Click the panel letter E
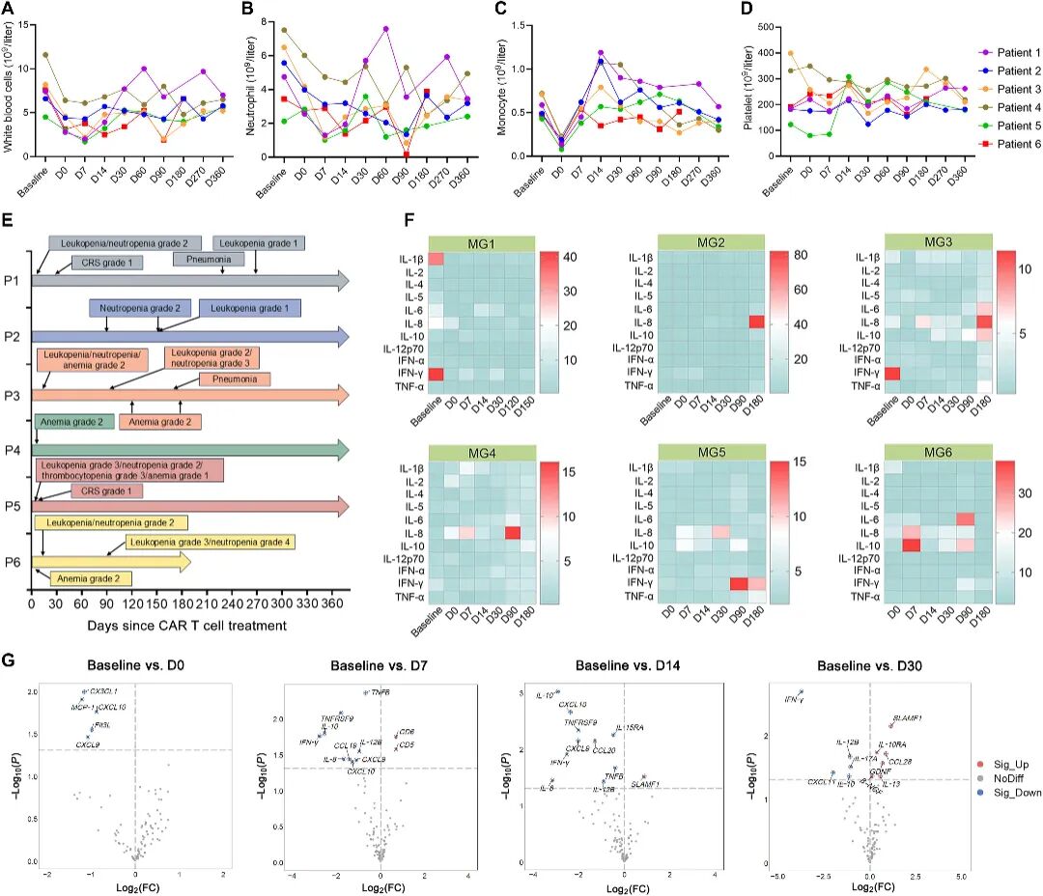click(x=9, y=223)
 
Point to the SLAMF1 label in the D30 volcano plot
click(x=908, y=718)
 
